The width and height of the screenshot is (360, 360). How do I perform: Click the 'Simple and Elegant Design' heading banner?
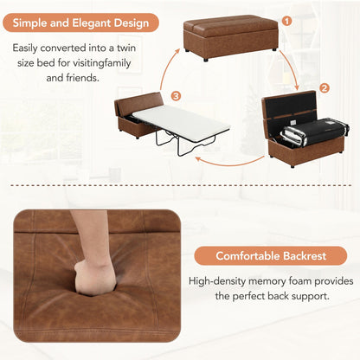click(85, 22)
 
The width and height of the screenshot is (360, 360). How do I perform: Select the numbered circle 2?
click(324, 88)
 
